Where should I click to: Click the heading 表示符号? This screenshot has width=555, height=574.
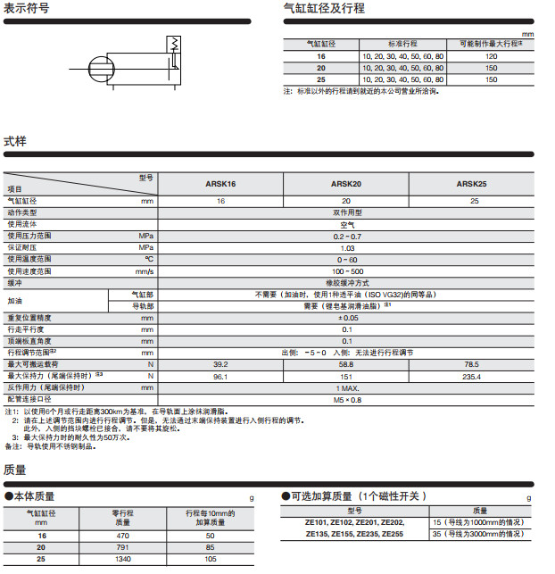27,9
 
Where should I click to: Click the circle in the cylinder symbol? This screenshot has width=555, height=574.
103,69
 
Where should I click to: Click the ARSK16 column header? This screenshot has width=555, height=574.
220,184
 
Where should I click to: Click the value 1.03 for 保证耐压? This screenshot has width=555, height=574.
347,247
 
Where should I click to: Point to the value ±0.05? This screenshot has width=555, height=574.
347,318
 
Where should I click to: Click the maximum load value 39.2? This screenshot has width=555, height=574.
220,364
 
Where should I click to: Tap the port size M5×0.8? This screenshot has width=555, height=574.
347,399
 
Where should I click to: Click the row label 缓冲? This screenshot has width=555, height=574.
14,282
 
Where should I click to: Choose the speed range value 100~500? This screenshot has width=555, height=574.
347,270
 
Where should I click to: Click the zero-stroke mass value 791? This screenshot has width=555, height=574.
123,546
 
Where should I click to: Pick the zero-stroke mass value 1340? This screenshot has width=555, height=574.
123,558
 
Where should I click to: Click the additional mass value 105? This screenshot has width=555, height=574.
211,558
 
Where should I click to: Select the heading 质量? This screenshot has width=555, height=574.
15,470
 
